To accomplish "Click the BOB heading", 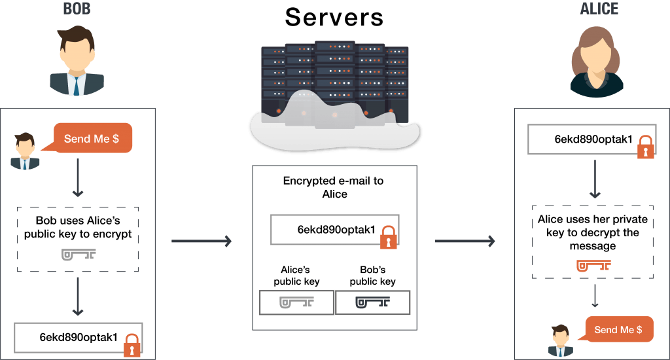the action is [x=77, y=9].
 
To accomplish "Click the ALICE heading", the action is [x=599, y=9].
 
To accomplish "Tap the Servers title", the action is [x=334, y=18].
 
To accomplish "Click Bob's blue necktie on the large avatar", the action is [x=77, y=86].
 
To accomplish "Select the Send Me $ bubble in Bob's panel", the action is [x=92, y=139].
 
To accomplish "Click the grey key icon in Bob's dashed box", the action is [x=79, y=255].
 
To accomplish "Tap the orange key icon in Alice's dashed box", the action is [x=593, y=266].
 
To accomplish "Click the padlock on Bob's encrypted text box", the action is [x=132, y=346].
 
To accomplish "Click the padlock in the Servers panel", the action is [x=389, y=238].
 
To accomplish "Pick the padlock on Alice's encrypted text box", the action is [x=646, y=147].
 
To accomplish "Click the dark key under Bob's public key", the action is [x=372, y=302].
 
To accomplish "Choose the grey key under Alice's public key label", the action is [x=296, y=302].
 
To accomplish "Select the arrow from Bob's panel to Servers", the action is [x=202, y=241].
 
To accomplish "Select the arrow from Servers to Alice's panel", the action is [x=465, y=241].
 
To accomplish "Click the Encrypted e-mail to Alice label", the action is [x=334, y=187].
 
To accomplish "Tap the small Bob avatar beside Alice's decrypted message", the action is [x=560, y=341].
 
